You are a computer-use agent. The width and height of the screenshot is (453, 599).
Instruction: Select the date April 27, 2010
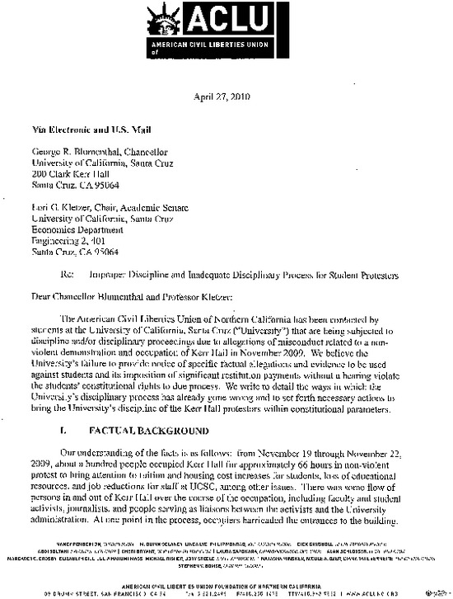coord(226,96)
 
